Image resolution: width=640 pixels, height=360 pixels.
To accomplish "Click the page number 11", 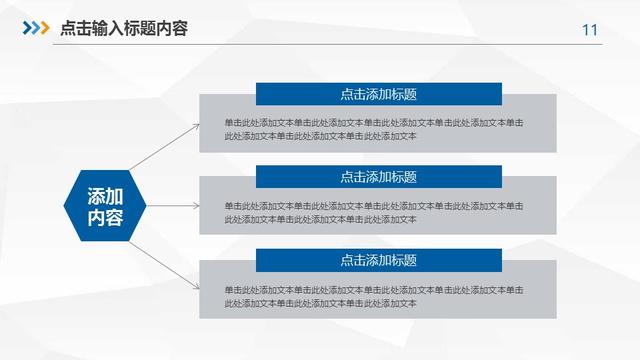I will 589,30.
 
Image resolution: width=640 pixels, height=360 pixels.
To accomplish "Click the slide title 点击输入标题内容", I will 123,28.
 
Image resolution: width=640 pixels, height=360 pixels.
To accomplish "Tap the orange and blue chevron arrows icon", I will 36,28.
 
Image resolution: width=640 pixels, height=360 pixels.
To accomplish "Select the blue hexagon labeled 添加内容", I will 105,205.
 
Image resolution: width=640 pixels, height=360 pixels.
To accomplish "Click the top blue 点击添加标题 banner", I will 378,94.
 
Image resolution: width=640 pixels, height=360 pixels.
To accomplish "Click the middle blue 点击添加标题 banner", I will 378,176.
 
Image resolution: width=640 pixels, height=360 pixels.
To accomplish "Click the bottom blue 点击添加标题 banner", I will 378,260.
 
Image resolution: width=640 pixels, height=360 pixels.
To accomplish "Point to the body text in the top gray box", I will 373,129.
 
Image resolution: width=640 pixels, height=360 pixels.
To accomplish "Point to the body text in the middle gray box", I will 373,212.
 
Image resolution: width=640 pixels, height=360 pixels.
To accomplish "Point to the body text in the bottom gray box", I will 373,296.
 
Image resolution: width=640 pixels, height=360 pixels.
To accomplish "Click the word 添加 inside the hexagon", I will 105,195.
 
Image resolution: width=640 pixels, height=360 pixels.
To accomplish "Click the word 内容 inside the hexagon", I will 105,217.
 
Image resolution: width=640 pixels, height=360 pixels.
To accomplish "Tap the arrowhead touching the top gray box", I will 195,124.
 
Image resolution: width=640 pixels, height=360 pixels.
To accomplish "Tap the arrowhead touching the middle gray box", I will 195,205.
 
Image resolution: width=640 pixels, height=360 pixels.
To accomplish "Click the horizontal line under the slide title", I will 320,44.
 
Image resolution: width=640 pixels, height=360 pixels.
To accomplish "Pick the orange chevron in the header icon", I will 43,28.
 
